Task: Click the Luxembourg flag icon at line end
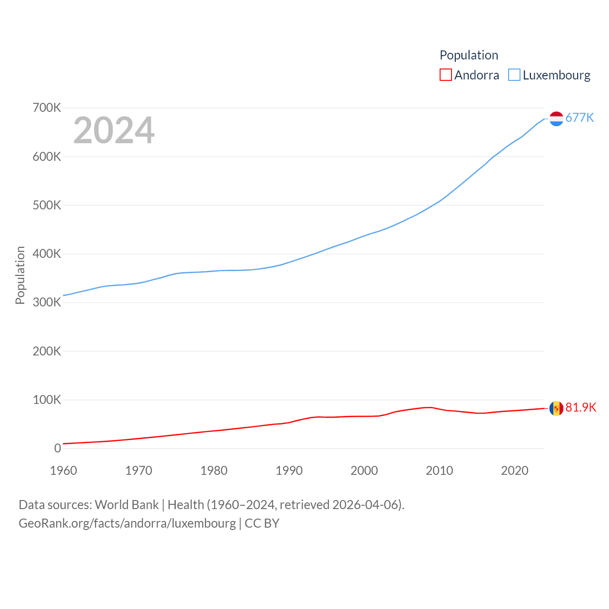point(556,118)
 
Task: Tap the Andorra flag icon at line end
point(556,408)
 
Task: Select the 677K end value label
point(580,118)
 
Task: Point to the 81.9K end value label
point(580,407)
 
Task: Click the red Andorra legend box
point(445,75)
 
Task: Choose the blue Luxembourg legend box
point(514,75)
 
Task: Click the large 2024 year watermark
point(114,130)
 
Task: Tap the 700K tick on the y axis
point(47,108)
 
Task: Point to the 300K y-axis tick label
point(47,302)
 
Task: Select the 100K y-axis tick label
point(47,400)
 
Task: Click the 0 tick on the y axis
point(58,448)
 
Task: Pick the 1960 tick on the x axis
point(63,471)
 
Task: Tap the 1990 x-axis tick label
point(289,471)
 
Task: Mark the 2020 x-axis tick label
point(514,471)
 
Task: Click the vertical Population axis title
point(20,275)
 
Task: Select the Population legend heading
point(469,55)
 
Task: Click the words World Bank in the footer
point(127,505)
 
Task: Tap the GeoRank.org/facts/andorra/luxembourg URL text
point(127,523)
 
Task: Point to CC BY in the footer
point(262,523)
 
